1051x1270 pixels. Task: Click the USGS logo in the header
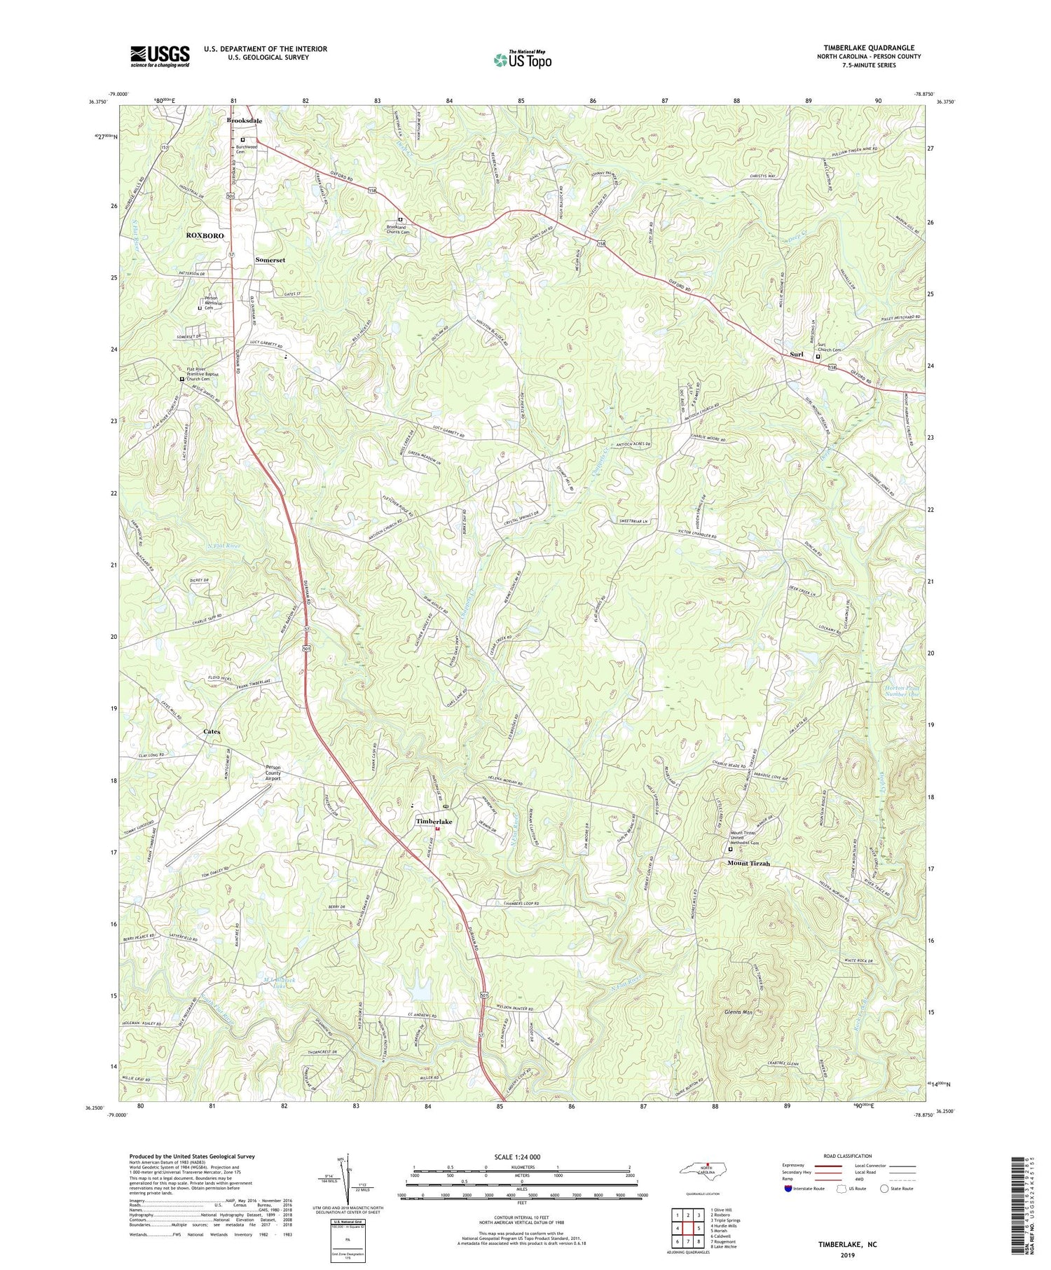(160, 56)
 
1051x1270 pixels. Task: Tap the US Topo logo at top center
(522, 60)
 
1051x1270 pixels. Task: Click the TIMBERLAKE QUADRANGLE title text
(863, 48)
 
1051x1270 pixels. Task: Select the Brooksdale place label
(245, 120)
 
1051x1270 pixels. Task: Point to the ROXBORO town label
(205, 235)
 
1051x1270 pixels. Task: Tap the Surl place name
(796, 354)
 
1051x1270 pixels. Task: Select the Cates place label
(212, 731)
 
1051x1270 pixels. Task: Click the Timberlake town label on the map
(434, 821)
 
